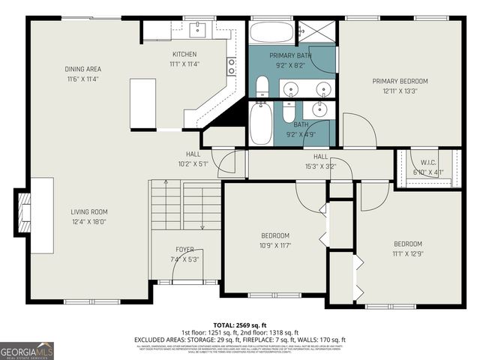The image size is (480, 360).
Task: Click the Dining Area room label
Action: coord(82,69)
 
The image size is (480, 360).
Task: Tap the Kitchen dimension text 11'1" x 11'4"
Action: coord(184,64)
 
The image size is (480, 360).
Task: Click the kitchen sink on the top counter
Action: coord(198,29)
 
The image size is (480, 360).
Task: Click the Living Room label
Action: coord(89,211)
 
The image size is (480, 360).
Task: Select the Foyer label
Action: coord(184,250)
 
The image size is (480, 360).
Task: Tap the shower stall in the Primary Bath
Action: coord(315,32)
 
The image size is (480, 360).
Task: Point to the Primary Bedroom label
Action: coord(400,81)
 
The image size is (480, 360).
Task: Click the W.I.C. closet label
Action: coord(428,163)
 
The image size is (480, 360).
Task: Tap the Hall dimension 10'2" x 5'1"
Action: coord(193,163)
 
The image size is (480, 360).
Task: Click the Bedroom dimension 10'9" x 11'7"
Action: coord(274,245)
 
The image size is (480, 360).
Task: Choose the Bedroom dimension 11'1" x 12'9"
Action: coord(409,253)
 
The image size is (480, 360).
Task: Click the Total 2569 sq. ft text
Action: coord(240,325)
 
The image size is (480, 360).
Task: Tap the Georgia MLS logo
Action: coord(27,350)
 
